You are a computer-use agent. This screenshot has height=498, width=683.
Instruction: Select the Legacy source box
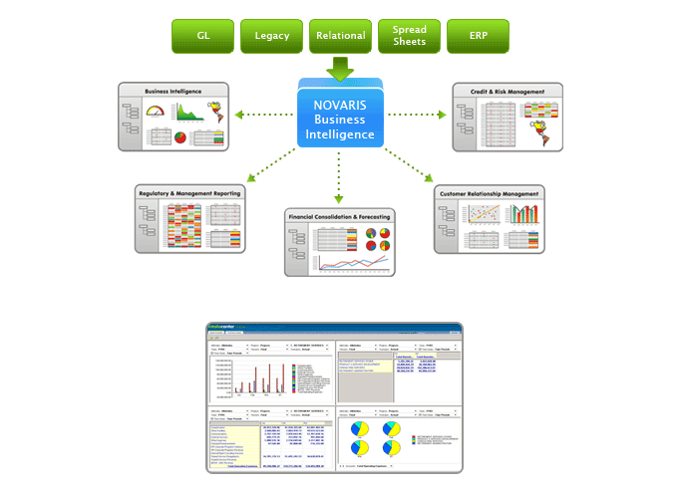pyautogui.click(x=271, y=36)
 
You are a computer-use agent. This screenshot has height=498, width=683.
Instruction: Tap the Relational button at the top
pyautogui.click(x=340, y=36)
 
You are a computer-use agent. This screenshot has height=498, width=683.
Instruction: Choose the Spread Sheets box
pyautogui.click(x=409, y=36)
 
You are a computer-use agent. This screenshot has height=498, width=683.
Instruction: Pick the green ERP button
pyautogui.click(x=478, y=36)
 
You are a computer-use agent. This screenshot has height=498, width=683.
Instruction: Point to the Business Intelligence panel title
pyautogui.click(x=171, y=92)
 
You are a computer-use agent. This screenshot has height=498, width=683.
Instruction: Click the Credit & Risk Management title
pyautogui.click(x=507, y=92)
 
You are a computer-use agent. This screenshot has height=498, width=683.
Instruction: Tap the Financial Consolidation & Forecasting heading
pyautogui.click(x=339, y=216)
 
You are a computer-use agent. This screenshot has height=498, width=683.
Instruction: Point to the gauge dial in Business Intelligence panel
pyautogui.click(x=157, y=113)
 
